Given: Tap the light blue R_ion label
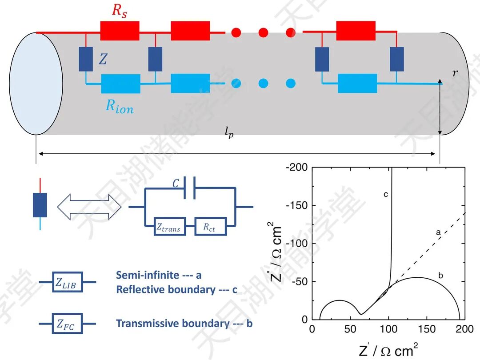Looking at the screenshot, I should [119, 106].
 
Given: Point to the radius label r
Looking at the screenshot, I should [455, 72].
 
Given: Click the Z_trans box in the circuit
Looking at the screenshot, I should [168, 227].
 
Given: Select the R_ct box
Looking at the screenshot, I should [210, 227].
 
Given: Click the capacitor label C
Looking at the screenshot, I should [176, 183].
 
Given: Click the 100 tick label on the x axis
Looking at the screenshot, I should [388, 329].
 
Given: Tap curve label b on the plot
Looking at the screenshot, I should [440, 276].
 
